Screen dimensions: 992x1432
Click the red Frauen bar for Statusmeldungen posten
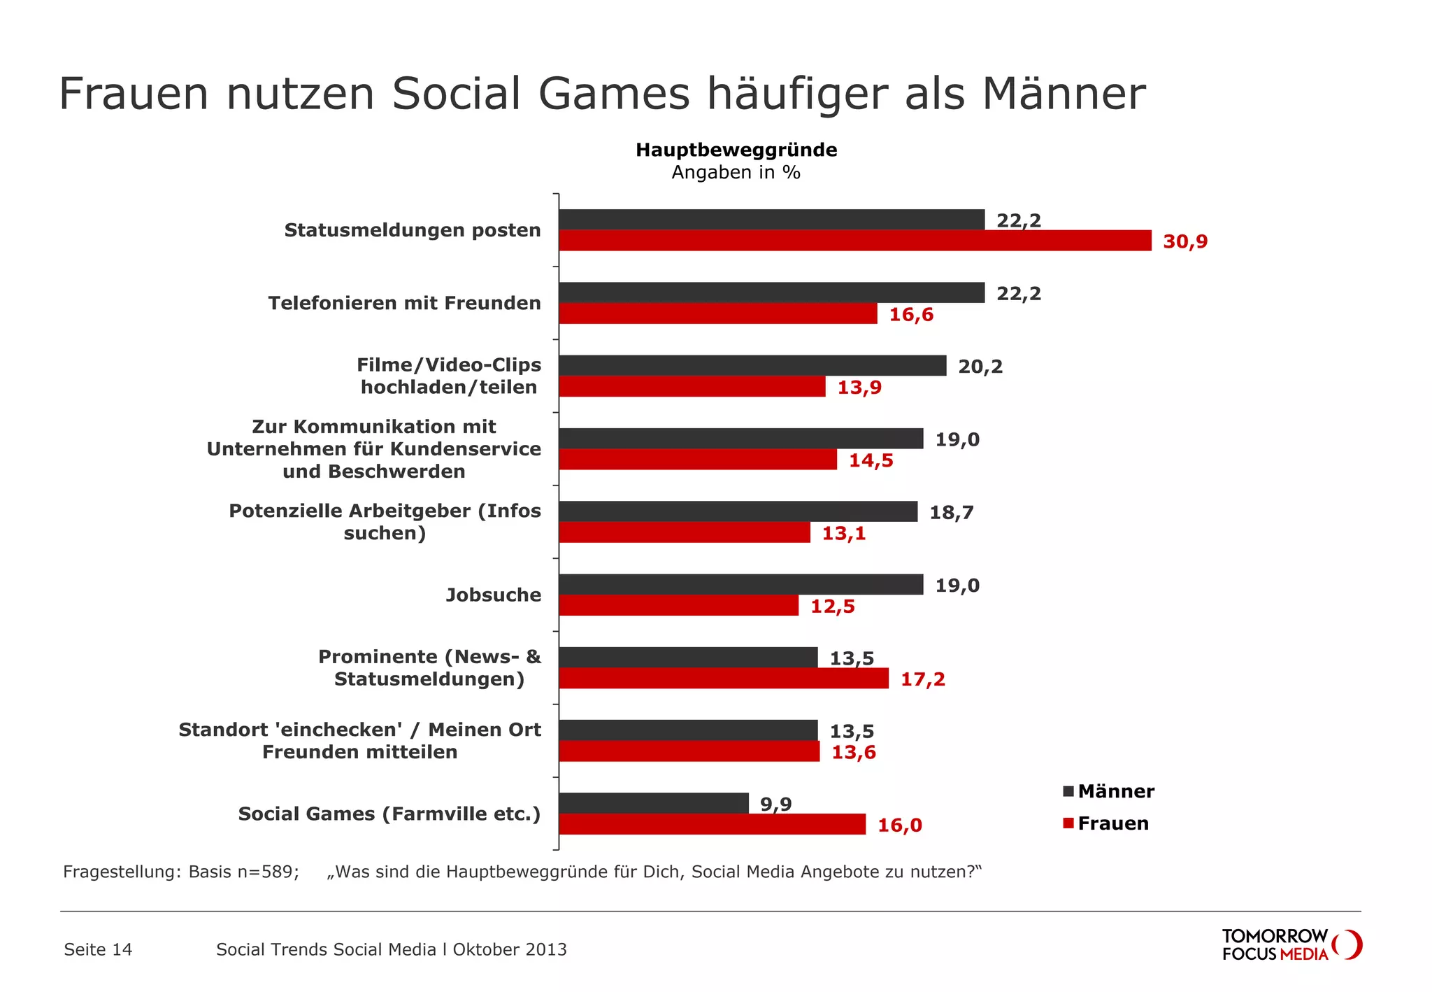tap(854, 241)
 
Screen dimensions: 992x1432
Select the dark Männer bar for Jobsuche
tap(740, 585)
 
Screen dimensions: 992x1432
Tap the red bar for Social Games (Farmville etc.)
tap(712, 824)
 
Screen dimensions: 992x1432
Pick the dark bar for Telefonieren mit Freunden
tap(771, 293)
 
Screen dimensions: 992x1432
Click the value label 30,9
tap(1184, 242)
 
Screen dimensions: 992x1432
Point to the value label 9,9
tap(775, 805)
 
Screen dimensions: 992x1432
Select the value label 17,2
tap(922, 679)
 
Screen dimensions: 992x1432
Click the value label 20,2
tap(980, 367)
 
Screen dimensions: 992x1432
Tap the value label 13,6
tap(853, 753)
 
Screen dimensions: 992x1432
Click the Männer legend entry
tap(1109, 791)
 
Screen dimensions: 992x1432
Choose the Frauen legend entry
tap(1106, 823)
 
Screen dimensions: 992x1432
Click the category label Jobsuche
tap(494, 595)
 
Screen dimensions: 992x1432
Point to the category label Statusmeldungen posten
tap(412, 230)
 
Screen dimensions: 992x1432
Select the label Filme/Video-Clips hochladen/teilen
tap(449, 376)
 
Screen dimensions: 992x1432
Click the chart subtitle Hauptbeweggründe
tap(736, 150)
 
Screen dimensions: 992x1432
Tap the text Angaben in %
tap(736, 173)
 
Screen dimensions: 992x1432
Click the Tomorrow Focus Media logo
tap(1291, 945)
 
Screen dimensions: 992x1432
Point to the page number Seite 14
tap(98, 949)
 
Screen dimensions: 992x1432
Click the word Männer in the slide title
tap(1064, 94)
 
